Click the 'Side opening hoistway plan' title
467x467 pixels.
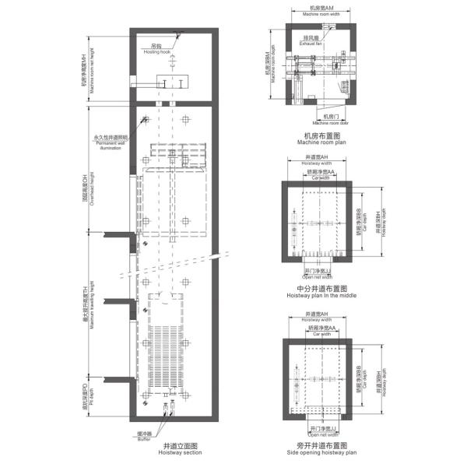click(321, 450)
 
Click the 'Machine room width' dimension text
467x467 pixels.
click(316, 12)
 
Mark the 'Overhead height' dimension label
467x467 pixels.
click(87, 190)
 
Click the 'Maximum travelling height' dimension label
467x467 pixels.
click(87, 307)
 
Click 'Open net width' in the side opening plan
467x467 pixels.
click(321, 434)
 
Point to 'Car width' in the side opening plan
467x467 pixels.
click(321, 334)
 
